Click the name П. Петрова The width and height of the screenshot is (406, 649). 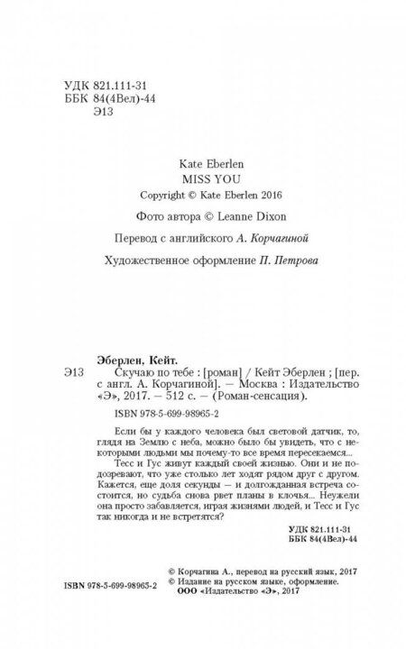291,261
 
